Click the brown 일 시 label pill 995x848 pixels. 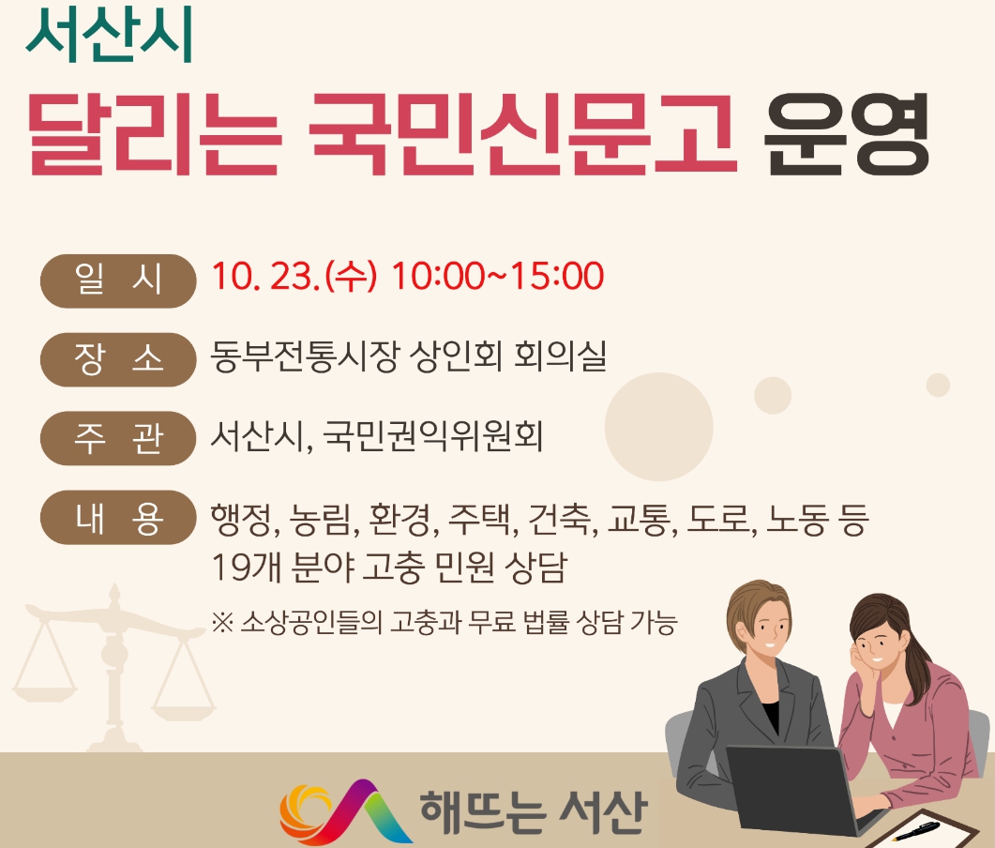point(118,280)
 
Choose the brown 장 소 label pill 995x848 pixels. point(118,359)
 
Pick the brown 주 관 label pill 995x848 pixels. point(118,438)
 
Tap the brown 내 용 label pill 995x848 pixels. point(118,518)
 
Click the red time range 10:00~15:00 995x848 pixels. point(497,278)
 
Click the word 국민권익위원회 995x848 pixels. point(432,436)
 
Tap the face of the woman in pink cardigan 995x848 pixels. point(877,645)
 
